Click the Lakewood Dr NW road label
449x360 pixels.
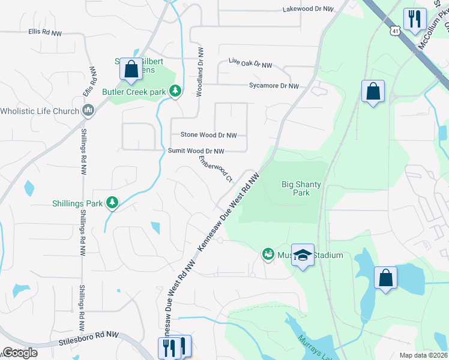click(307, 9)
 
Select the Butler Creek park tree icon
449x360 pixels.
click(175, 91)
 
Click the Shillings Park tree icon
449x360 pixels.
click(112, 203)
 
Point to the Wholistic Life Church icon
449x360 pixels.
click(88, 111)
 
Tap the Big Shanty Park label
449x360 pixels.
click(301, 188)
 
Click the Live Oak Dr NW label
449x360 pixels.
click(250, 64)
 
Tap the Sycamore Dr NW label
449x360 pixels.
click(274, 86)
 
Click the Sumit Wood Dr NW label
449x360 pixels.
click(196, 151)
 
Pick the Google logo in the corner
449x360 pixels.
click(20, 353)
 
